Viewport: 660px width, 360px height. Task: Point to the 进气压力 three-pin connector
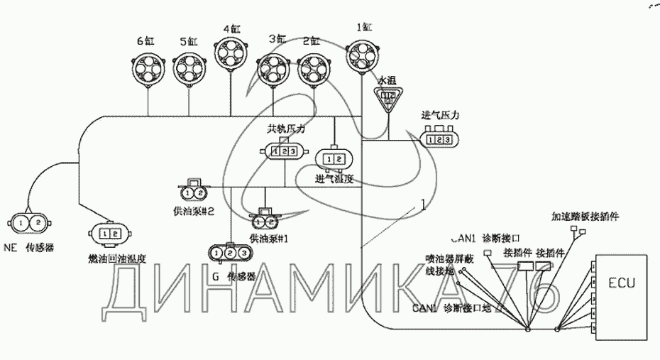(440, 139)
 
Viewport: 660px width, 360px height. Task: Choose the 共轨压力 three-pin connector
(285, 151)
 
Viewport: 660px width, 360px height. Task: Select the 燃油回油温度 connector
(109, 234)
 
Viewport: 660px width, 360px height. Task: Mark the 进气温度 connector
(334, 157)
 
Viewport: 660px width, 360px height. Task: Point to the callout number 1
(423, 206)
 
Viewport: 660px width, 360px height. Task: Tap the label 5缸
(189, 40)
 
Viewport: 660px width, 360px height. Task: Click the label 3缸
(276, 40)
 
